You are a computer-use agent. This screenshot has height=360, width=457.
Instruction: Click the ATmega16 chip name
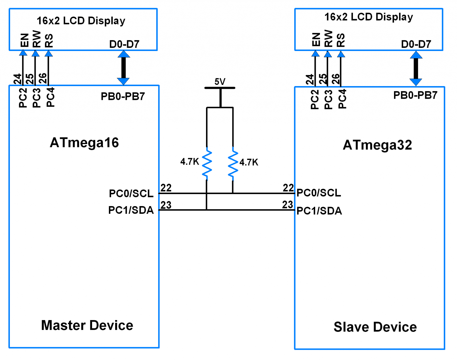(x=84, y=143)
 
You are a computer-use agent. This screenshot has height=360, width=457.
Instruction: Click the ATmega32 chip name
(x=377, y=145)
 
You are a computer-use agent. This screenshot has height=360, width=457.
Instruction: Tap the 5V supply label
(x=220, y=82)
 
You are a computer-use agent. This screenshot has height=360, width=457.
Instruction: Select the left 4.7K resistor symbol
(x=207, y=164)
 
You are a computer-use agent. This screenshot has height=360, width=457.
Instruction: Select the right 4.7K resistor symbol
(x=233, y=164)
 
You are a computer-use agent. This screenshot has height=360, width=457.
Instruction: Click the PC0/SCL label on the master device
(x=131, y=193)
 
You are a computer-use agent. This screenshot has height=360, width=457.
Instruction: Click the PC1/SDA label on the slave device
(x=319, y=211)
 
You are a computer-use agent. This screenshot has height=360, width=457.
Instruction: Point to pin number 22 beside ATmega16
(x=166, y=188)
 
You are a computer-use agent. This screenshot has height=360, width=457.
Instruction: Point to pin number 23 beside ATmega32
(x=287, y=205)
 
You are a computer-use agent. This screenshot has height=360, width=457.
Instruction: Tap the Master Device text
(x=87, y=325)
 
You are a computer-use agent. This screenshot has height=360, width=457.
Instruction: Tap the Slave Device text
(x=375, y=327)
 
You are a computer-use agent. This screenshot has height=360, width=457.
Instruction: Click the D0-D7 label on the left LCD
(x=124, y=44)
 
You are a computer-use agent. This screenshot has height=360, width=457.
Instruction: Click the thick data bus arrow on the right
(x=416, y=69)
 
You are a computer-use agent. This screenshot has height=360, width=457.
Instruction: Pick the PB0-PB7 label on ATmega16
(x=123, y=97)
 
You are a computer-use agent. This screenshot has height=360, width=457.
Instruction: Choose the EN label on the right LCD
(x=316, y=39)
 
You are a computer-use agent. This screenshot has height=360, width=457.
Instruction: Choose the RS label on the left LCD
(x=49, y=40)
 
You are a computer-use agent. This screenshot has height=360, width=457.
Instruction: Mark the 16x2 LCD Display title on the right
(x=369, y=17)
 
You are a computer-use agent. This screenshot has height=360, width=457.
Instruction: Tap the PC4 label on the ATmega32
(x=342, y=99)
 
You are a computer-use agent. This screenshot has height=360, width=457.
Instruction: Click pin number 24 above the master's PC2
(x=17, y=79)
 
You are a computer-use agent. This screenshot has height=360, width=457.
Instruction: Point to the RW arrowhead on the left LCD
(x=35, y=53)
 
